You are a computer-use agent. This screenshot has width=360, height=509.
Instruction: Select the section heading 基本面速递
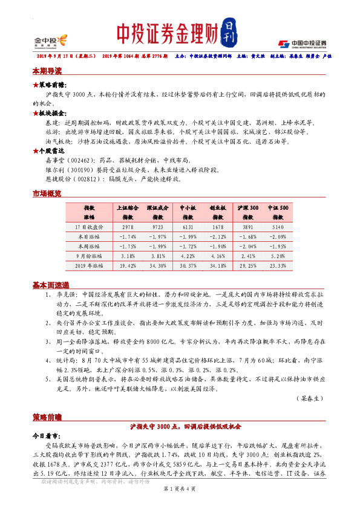click(50, 285)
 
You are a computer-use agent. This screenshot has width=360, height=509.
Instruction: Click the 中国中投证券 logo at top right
click(302, 43)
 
